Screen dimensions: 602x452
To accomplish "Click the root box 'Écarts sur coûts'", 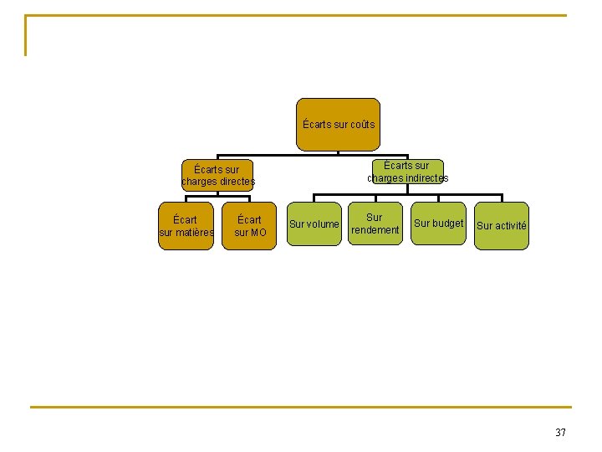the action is click(x=338, y=125).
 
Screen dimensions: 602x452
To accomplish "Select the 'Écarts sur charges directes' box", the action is click(x=217, y=175).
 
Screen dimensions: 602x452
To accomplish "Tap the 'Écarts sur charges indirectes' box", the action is click(x=408, y=172).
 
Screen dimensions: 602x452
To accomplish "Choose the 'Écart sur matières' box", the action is click(x=186, y=226).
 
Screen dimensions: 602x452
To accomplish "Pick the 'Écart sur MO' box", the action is click(x=249, y=226).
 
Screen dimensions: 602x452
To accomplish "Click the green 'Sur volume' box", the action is click(x=314, y=223).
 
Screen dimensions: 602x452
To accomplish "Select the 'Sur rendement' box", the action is click(x=375, y=223).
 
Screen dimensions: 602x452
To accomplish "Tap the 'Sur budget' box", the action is click(x=438, y=223).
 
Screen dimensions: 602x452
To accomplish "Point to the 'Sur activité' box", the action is click(x=502, y=226).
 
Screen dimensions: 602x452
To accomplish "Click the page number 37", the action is click(x=560, y=433).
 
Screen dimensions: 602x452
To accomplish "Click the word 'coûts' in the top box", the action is click(x=363, y=125).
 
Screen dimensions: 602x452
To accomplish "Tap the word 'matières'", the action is click(x=195, y=233).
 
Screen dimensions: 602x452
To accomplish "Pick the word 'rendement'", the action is click(x=375, y=230).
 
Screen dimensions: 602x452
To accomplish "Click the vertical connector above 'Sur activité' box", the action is click(x=502, y=198).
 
